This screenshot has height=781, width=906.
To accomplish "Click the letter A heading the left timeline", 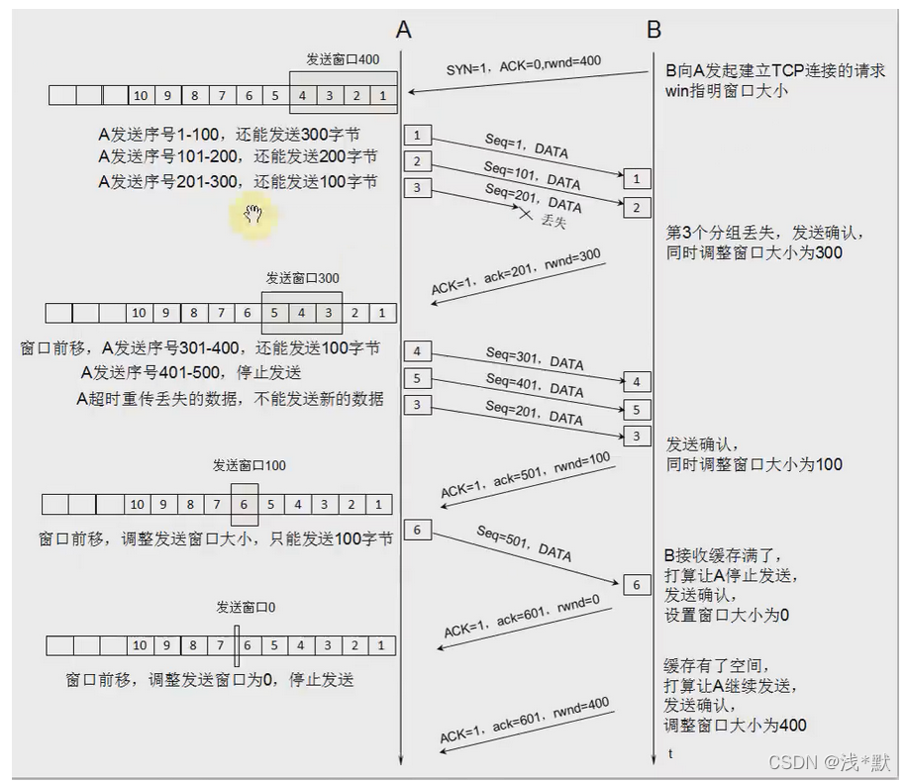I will click(403, 30).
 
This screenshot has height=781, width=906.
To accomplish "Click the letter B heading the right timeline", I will click(654, 30).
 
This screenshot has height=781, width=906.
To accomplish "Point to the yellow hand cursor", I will click(252, 213).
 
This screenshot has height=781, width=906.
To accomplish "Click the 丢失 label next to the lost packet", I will click(554, 222).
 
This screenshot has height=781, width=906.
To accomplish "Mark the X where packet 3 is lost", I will click(527, 211).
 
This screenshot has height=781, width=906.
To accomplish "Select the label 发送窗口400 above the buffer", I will click(343, 60).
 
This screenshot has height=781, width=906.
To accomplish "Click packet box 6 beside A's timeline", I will click(418, 531).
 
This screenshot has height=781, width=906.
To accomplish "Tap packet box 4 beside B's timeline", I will click(638, 382).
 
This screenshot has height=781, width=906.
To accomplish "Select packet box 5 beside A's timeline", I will click(418, 378).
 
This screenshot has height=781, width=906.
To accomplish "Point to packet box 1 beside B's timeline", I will click(638, 179).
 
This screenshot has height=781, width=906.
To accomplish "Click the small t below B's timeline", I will click(670, 754).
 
